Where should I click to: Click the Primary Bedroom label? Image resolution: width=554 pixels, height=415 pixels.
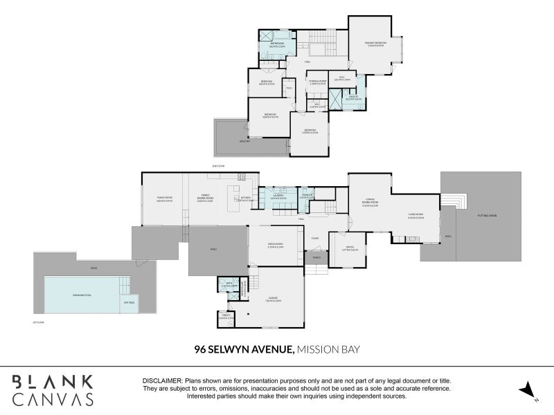pyautogui.click(x=375, y=43)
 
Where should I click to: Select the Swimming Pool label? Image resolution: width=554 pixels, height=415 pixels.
pyautogui.click(x=73, y=295)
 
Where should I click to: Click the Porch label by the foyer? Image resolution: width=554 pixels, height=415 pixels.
pyautogui.click(x=316, y=258)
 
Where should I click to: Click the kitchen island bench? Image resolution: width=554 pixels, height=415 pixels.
pyautogui.click(x=235, y=190)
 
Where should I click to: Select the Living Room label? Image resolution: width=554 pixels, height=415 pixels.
pyautogui.click(x=415, y=216)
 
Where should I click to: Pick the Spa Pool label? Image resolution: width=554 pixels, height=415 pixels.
pyautogui.click(x=127, y=302)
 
